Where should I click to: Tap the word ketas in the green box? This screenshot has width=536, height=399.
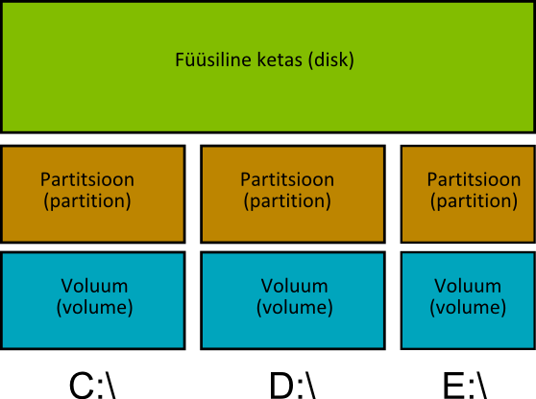[280, 59]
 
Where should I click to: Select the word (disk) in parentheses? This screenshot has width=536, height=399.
[330, 60]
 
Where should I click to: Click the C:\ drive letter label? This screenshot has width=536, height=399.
[92, 386]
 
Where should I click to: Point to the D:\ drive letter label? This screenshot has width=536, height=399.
[293, 386]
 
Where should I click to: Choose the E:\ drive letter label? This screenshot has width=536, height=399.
[465, 386]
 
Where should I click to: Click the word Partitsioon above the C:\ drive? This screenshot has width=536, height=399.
[87, 179]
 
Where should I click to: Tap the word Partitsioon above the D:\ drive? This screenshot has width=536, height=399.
[287, 179]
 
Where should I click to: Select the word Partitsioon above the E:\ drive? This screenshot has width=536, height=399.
[474, 179]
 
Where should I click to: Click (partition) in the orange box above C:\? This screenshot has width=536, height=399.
[87, 201]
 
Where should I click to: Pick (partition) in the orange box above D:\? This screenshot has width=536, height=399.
[287, 201]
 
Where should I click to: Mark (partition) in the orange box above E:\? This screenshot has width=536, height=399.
[474, 201]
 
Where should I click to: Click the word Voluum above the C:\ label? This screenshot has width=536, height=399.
[94, 286]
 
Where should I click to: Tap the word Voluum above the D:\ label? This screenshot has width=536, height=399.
[294, 286]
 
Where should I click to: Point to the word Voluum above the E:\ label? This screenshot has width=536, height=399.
[468, 286]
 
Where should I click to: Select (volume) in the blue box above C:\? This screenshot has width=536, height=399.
[94, 308]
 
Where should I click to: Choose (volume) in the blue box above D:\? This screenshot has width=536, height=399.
[294, 308]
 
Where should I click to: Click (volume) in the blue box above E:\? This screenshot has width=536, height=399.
[468, 308]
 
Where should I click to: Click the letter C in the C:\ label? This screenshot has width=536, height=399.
[82, 386]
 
